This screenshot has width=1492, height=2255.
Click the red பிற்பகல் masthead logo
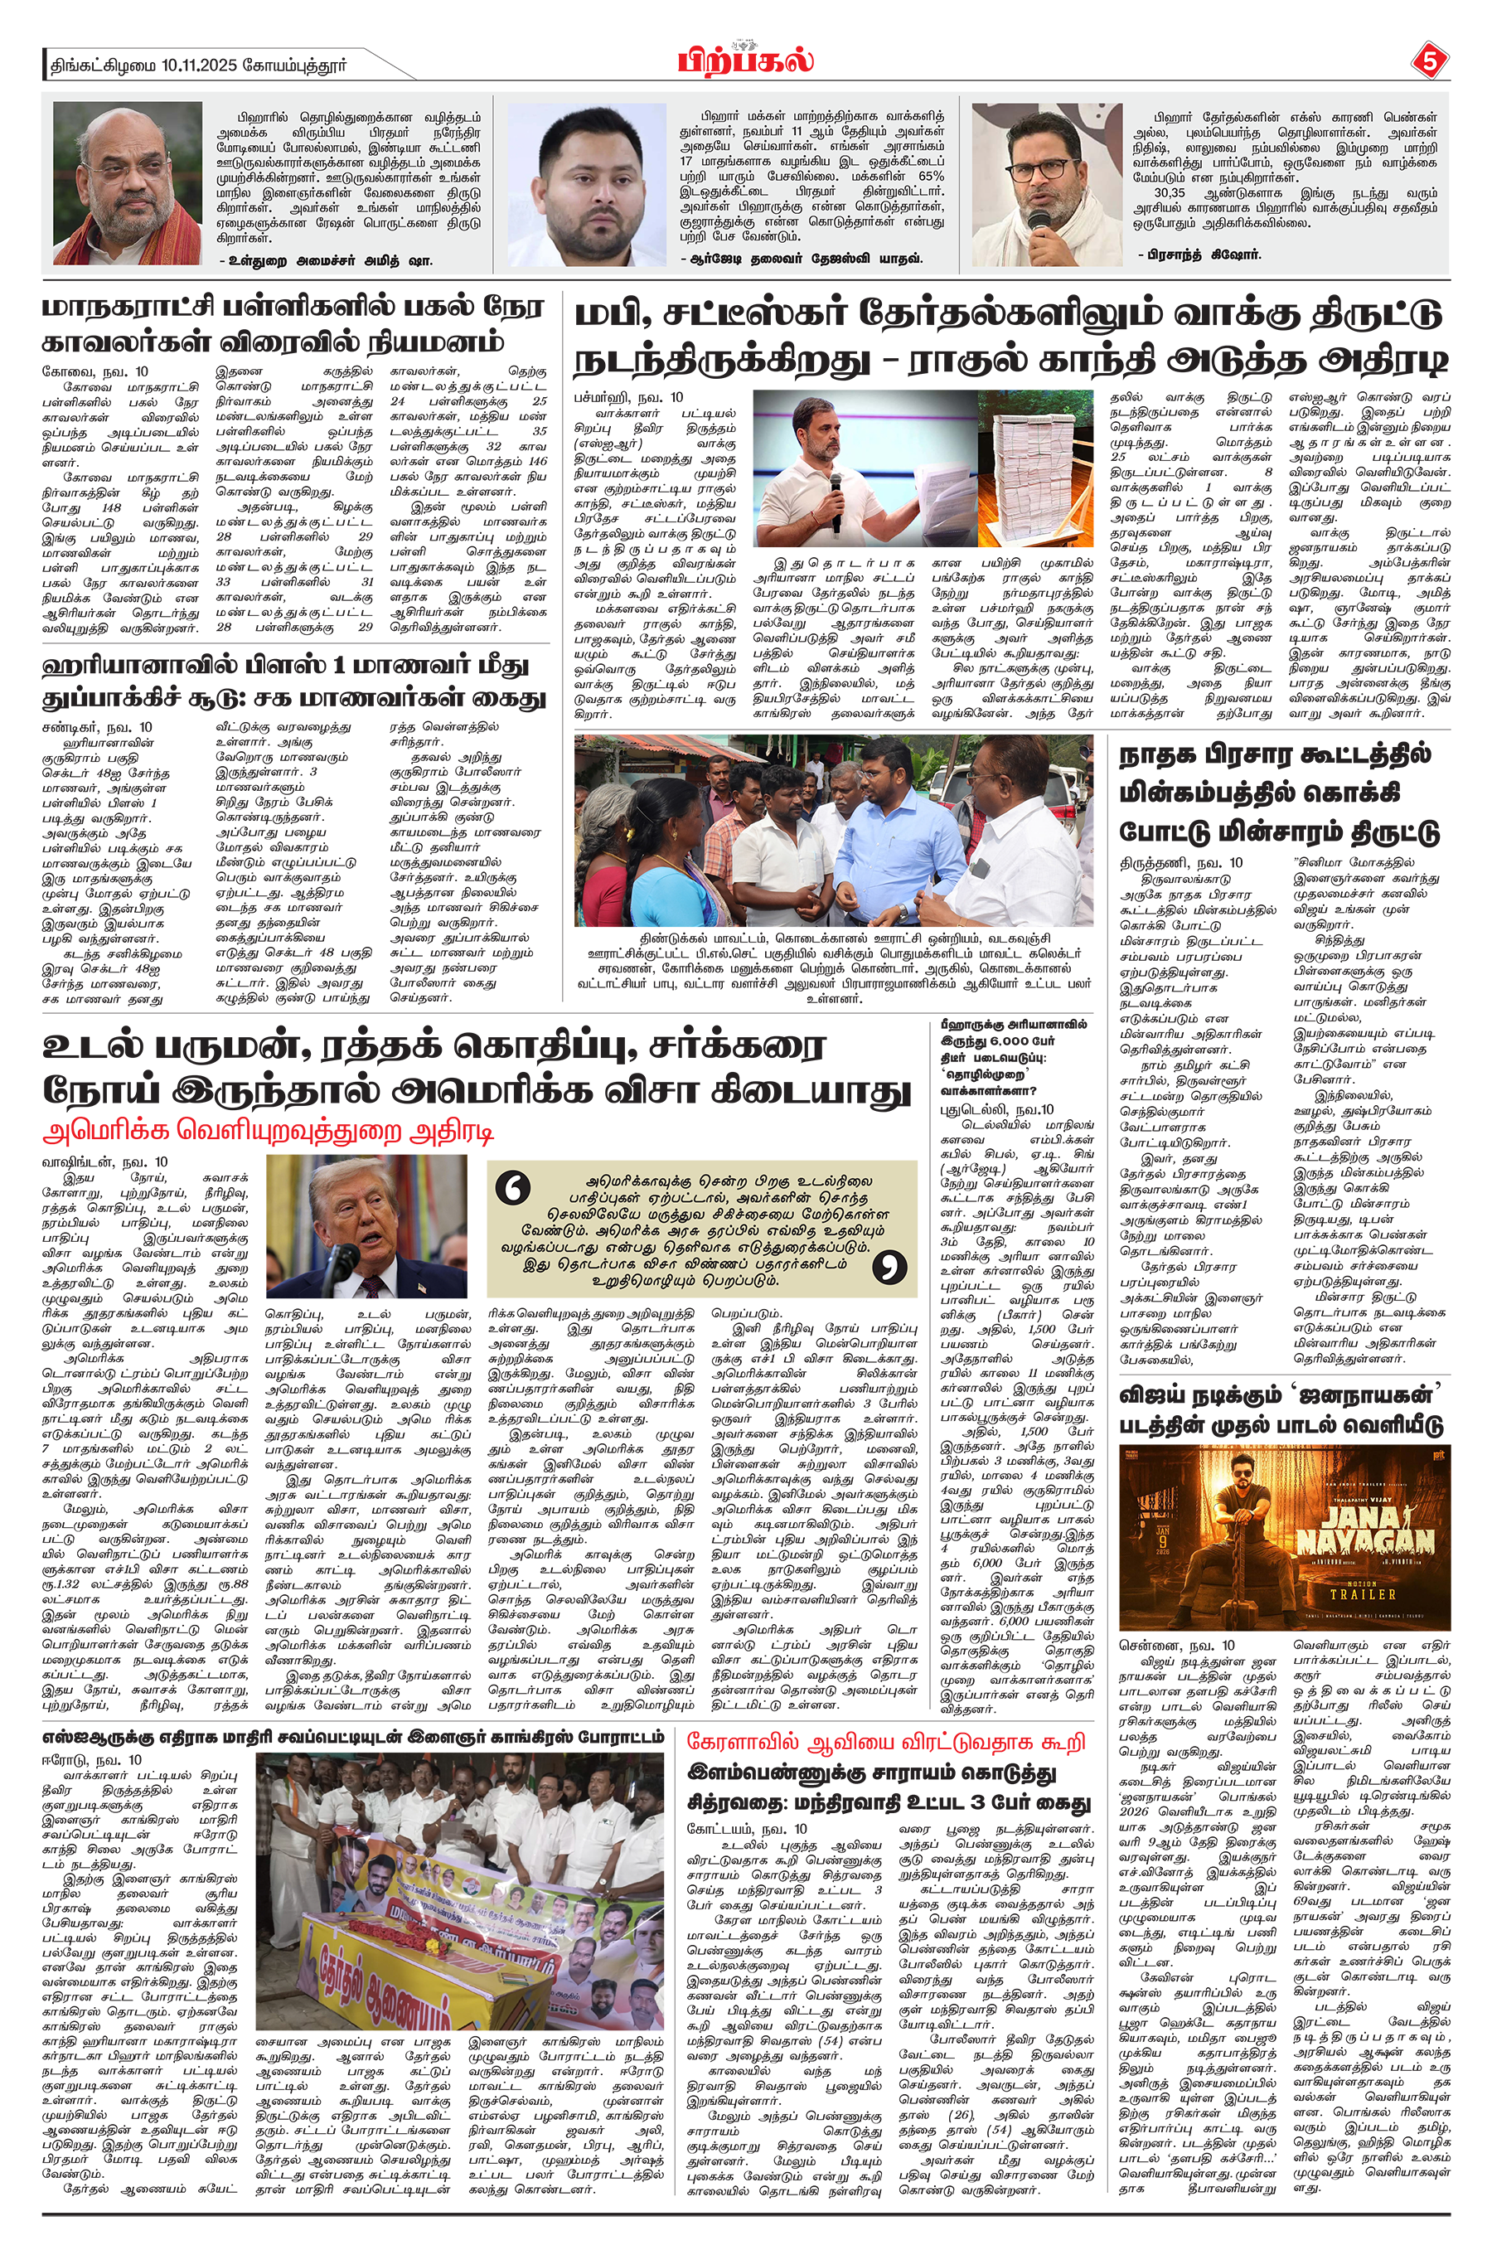coord(745,61)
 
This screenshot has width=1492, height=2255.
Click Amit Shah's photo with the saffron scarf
coord(127,184)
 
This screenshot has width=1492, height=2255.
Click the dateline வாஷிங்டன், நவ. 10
coord(104,1161)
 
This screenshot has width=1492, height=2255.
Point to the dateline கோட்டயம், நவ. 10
coord(747,1828)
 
